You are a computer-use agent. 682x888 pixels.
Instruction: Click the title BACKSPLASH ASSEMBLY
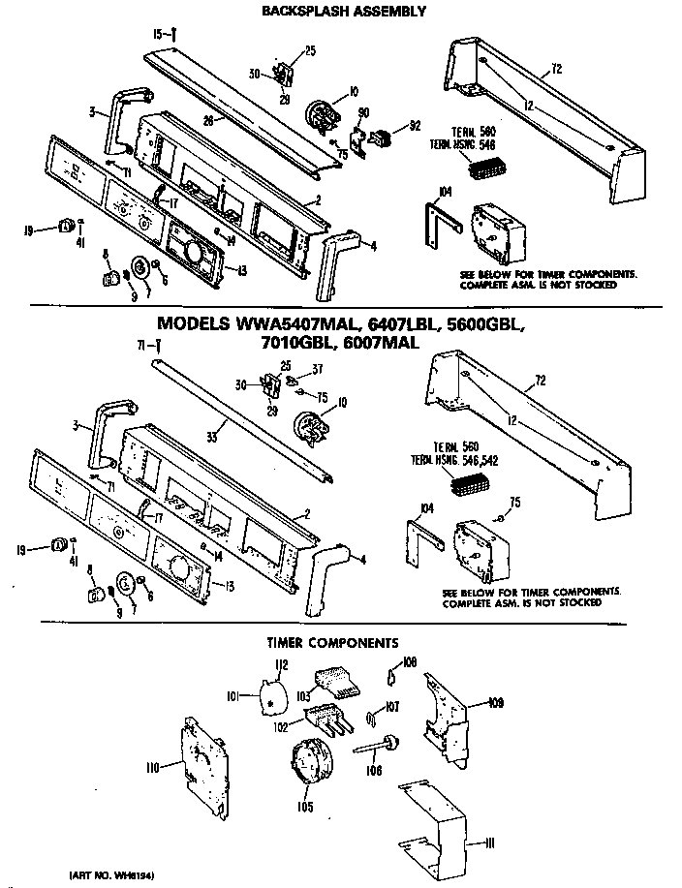pyautogui.click(x=344, y=11)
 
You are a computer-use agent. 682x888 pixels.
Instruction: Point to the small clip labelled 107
pyautogui.click(x=373, y=717)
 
